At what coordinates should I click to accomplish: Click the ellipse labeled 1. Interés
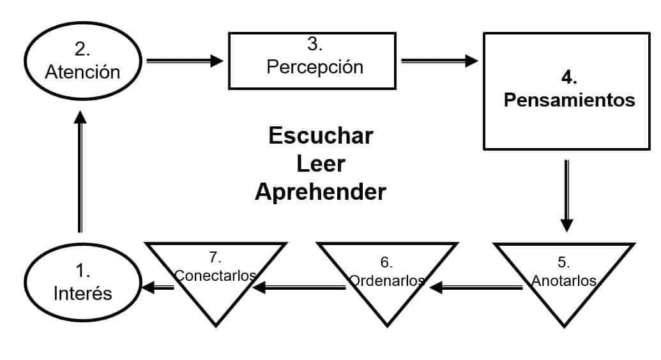82,281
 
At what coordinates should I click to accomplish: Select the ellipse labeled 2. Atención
82,61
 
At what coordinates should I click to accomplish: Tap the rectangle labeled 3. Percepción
314,61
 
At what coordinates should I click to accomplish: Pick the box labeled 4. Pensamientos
566,91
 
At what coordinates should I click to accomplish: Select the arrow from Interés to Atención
80,172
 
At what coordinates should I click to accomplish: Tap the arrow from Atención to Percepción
185,61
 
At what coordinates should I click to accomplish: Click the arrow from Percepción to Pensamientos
439,61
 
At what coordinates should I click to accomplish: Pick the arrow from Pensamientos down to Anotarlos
566,195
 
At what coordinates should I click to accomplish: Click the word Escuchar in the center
321,136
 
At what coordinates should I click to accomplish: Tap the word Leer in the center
321,163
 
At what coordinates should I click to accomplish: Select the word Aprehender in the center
321,191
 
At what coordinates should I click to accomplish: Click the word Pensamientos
569,100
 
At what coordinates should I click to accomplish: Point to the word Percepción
315,67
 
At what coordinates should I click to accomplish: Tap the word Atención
82,71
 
